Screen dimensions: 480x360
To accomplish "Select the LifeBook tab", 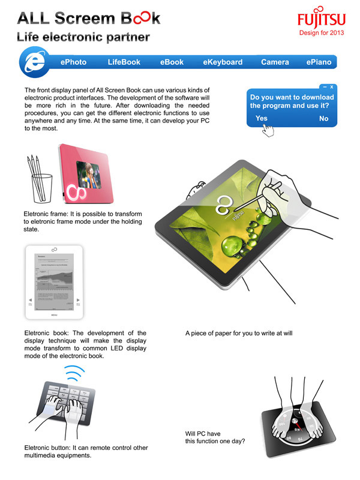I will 124,62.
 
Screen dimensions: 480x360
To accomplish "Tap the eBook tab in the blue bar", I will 172,62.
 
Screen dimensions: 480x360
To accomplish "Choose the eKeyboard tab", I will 223,62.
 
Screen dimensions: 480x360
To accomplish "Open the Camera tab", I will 275,62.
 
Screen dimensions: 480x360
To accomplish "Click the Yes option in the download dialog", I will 261,118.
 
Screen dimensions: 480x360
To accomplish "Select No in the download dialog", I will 323,118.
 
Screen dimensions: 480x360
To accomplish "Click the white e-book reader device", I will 53,282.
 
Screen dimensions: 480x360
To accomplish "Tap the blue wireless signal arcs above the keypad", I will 73,376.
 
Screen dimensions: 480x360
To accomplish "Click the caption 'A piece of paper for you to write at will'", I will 238,332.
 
